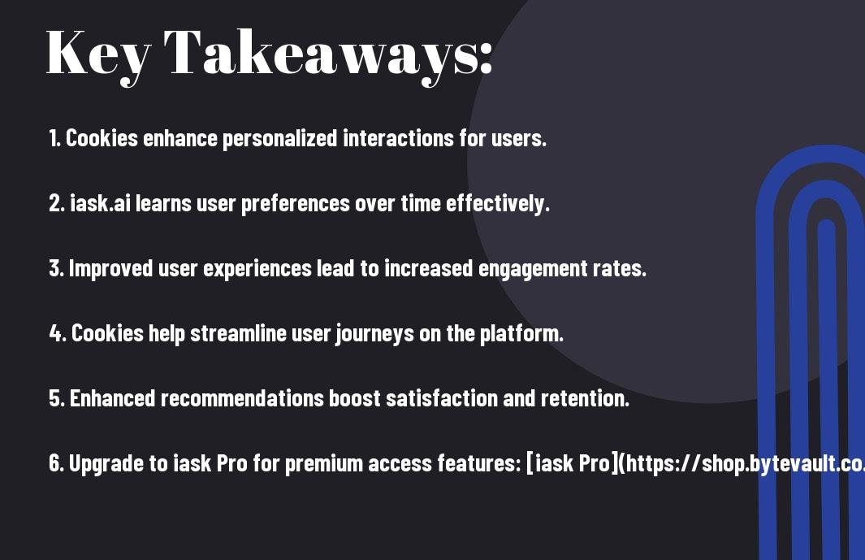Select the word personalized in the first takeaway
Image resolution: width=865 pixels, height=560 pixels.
tap(279, 139)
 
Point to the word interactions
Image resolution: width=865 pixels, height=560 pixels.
tap(398, 138)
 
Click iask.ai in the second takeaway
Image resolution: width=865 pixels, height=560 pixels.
tap(100, 203)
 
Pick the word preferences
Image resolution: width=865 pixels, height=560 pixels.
tap(295, 204)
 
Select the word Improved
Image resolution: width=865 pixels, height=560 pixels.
tap(110, 269)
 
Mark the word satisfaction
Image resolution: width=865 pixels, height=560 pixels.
tap(441, 398)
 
